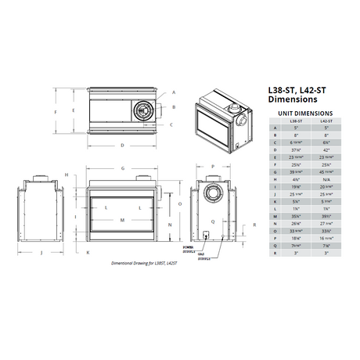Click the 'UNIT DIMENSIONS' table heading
point(302,113)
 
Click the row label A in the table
point(274,129)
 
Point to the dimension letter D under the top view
point(123,146)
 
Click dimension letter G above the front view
point(123,168)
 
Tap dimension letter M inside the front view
point(123,220)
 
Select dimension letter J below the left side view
point(39,253)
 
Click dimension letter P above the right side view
point(212,168)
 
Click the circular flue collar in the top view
point(142,113)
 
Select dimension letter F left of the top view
point(56,113)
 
